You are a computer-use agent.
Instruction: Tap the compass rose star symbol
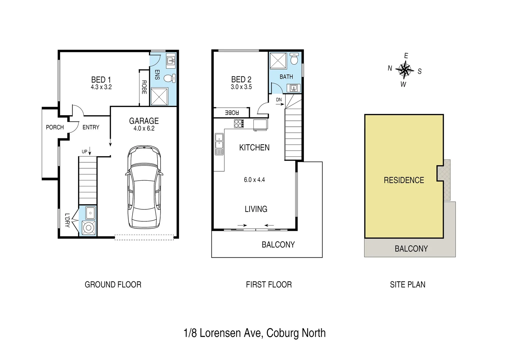pos(405,70)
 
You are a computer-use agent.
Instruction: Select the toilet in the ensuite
pos(169,78)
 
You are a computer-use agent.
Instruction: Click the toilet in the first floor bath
pos(294,59)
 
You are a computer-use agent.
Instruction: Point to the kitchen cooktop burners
pos(239,123)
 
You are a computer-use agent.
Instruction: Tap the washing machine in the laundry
pos(89,228)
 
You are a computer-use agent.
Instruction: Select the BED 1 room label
pos(101,80)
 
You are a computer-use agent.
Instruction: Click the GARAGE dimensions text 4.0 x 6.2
pos(144,129)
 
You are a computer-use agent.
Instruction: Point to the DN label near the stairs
pos(279,100)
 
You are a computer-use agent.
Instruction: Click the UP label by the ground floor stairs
pos(85,152)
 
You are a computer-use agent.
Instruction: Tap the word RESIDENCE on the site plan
pos(404,180)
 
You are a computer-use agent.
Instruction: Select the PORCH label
pos(55,127)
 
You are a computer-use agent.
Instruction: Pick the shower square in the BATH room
pos(278,61)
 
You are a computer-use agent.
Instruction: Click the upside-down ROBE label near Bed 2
pos(232,113)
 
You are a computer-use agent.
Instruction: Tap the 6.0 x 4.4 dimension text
pos(254,180)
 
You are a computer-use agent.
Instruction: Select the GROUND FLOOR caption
pos(113,285)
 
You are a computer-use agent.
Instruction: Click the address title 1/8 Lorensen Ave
pos(254,333)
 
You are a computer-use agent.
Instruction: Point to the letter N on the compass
pos(390,68)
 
